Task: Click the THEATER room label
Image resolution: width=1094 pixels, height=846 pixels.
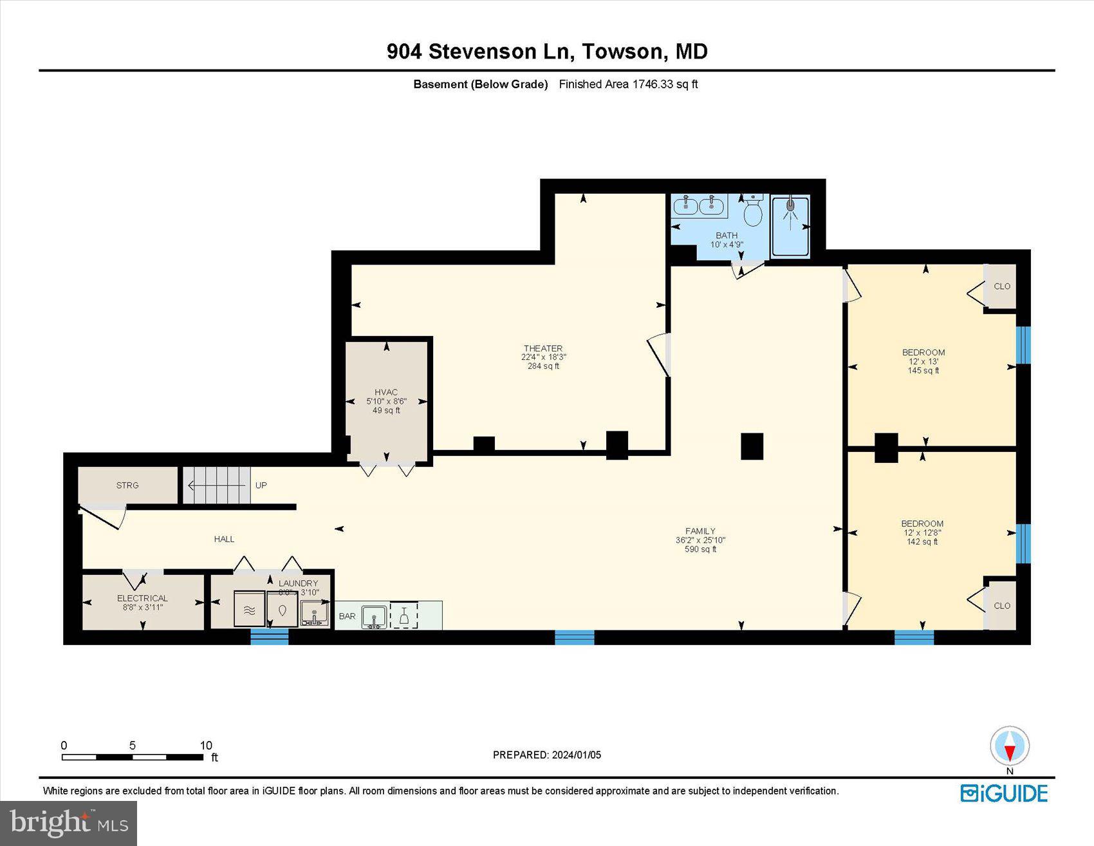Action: click(x=542, y=348)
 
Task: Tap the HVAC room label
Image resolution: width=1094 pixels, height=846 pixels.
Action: click(x=386, y=392)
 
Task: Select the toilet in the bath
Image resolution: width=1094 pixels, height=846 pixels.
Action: click(x=752, y=212)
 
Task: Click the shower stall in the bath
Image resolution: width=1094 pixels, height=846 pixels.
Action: click(x=790, y=225)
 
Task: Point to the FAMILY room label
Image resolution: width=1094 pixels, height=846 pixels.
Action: click(x=700, y=531)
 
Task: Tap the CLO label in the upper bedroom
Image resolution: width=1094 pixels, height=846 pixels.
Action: click(x=1002, y=287)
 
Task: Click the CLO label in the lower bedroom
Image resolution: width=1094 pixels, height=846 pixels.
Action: click(x=1002, y=606)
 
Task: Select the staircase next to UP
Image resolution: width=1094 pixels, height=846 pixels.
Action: click(x=216, y=485)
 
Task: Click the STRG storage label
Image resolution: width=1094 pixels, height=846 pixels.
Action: click(x=127, y=485)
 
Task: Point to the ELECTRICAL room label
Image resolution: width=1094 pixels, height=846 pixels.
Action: click(x=142, y=598)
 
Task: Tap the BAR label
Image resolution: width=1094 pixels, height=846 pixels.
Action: click(x=347, y=616)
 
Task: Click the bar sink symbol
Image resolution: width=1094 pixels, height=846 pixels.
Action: click(x=374, y=616)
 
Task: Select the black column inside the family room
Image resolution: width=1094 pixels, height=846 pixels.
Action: click(x=752, y=446)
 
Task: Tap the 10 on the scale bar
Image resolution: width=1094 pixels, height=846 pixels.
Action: click(x=205, y=746)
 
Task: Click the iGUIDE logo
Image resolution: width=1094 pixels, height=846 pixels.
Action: click(x=1004, y=793)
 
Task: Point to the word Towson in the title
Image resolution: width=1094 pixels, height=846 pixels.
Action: click(x=622, y=51)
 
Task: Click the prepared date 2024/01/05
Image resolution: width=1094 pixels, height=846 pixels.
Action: click(x=576, y=755)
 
